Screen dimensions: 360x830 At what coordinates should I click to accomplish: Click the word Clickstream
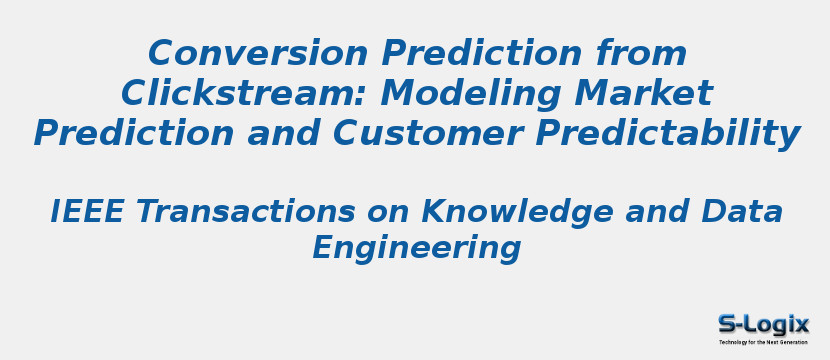[244, 93]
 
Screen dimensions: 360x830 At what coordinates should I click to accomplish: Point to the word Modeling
[466, 93]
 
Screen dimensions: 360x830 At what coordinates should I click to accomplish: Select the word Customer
[435, 133]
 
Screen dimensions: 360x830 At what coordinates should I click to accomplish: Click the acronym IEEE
[87, 212]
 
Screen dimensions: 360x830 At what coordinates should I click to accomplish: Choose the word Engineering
[416, 248]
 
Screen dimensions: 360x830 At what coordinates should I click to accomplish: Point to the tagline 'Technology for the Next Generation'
[763, 342]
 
